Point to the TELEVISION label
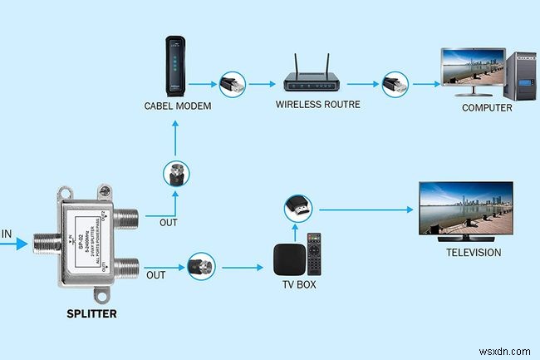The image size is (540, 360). pyautogui.click(x=474, y=252)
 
